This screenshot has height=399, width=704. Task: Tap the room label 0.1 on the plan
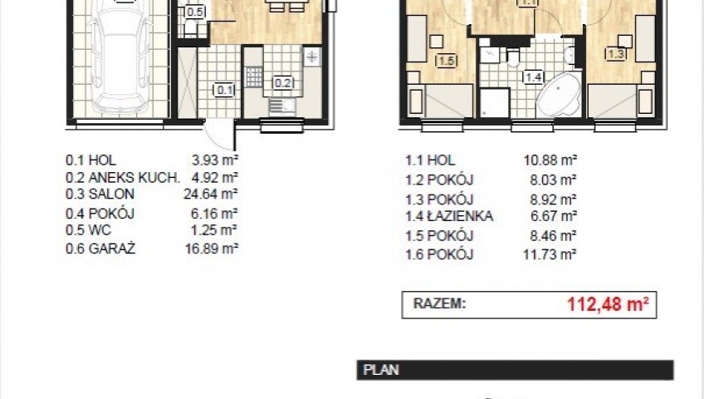point(224,91)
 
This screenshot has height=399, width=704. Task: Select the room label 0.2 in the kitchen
point(283,83)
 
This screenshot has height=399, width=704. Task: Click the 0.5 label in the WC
point(195,12)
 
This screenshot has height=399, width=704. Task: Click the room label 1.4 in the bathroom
point(533,77)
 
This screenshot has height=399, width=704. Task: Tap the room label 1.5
point(447,61)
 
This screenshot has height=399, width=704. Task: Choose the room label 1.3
point(615,54)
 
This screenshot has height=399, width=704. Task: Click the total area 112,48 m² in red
point(608,304)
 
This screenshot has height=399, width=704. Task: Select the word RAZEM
point(439,303)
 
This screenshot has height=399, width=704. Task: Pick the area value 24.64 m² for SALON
point(211,195)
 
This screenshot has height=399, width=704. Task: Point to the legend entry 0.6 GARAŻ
point(100,249)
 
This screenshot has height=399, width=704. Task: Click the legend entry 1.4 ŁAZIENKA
point(449,217)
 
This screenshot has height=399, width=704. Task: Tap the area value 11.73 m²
point(550,254)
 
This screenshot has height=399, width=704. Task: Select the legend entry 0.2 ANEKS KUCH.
point(123,178)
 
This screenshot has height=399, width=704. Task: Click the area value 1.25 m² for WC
point(214,230)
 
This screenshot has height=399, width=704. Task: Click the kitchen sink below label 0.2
point(282,106)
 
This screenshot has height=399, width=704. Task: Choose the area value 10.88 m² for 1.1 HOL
point(550,160)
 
